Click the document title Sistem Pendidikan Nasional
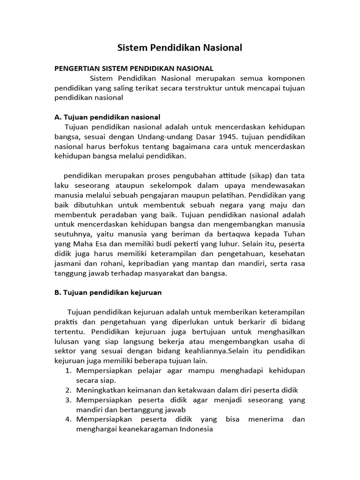(x=180, y=47)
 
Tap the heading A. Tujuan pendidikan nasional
(x=107, y=117)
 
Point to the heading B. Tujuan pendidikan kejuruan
(x=108, y=292)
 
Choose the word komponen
(x=286, y=78)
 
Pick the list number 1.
(x=67, y=370)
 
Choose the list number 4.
(x=67, y=419)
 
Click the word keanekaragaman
(x=144, y=429)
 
